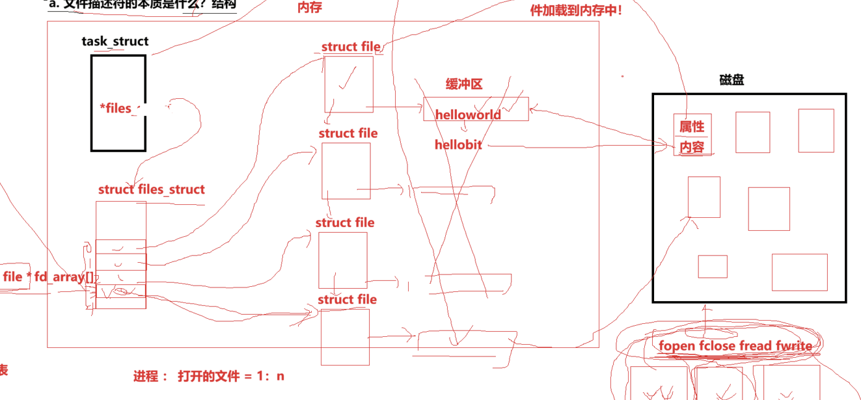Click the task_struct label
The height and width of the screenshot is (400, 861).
pos(115,42)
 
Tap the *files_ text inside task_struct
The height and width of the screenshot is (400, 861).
pos(119,108)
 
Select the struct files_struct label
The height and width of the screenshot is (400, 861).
pos(151,189)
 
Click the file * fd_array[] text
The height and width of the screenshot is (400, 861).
pos(48,277)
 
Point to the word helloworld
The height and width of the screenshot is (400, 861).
pos(468,114)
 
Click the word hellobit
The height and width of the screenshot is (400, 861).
pos(458,144)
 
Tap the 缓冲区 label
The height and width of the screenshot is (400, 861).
pos(463,85)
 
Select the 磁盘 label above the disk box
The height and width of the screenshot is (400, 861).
pos(731,80)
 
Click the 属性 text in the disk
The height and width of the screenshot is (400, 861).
pos(692,126)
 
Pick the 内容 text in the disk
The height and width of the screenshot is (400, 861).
pos(692,147)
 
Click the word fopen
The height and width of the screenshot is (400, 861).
pos(677,345)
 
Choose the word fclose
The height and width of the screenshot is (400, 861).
pos(717,345)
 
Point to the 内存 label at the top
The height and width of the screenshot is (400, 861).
pos(309,8)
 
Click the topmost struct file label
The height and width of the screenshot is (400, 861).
pos(351,47)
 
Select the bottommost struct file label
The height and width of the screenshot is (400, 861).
pos(347,300)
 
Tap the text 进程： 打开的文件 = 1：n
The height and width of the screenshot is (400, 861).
pos(209,376)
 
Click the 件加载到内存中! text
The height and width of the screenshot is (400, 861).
pos(577,11)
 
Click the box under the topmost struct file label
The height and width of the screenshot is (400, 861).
pos(349,85)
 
